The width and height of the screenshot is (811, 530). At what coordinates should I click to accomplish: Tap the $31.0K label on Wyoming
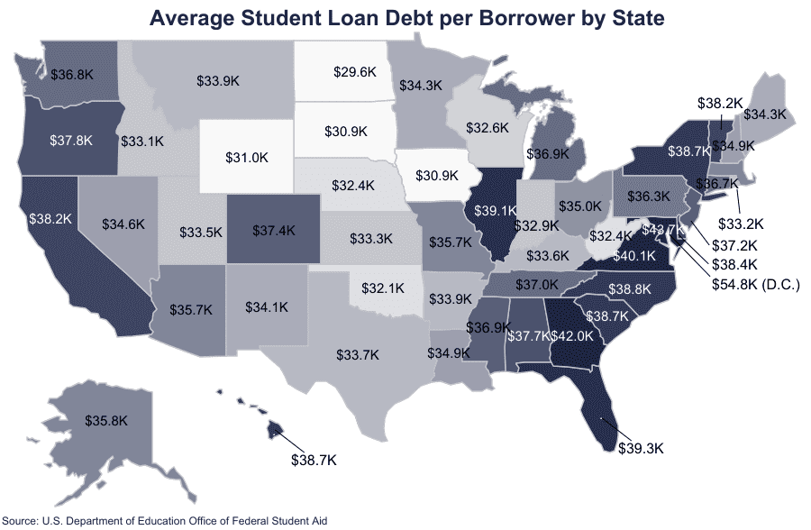(246, 157)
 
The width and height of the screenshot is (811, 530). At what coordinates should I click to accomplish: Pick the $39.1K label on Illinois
(496, 210)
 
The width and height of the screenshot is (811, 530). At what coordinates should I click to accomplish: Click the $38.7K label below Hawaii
(313, 460)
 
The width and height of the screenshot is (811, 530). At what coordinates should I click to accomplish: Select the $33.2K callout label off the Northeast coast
(742, 223)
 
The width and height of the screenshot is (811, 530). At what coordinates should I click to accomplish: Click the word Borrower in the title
(489, 18)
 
